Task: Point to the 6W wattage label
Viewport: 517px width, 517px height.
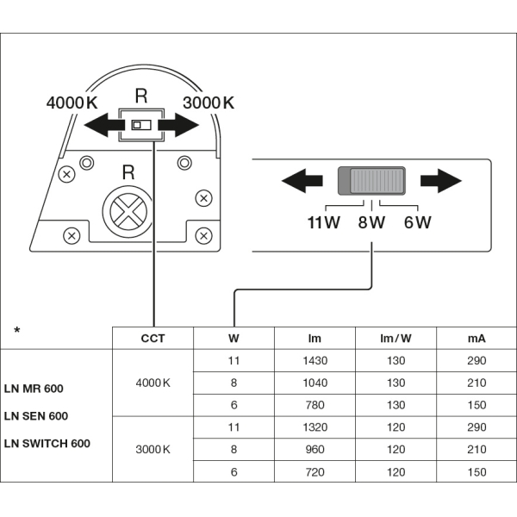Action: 417,222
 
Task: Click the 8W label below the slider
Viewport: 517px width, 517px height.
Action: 371,222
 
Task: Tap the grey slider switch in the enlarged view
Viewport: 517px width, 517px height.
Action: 371,180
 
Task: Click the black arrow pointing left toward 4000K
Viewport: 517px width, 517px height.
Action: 100,126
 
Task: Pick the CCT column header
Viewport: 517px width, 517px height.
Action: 153,339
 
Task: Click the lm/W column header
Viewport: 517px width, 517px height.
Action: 396,339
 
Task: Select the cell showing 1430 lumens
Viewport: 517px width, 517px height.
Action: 315,360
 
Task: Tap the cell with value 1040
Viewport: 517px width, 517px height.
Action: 315,383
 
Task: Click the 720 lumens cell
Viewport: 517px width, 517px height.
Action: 315,472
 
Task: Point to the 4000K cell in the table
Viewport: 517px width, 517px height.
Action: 153,383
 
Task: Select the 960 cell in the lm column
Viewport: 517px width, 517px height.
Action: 315,450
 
